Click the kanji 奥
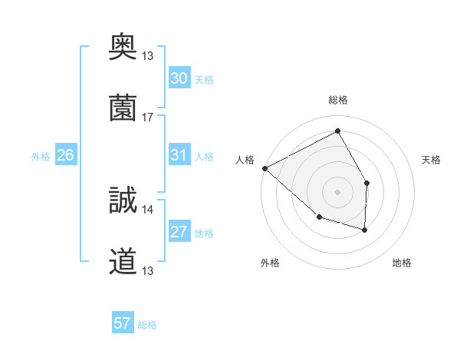[x=123, y=46]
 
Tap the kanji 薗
[x=123, y=108]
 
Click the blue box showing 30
[x=179, y=78]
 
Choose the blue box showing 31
[x=179, y=155]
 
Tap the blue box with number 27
[x=179, y=232]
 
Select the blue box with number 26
[x=65, y=155]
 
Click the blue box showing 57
[x=123, y=323]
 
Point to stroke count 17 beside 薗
[x=148, y=118]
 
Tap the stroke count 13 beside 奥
[x=148, y=55]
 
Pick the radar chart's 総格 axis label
[x=338, y=100]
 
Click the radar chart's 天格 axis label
[x=431, y=160]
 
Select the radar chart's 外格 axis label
[x=270, y=263]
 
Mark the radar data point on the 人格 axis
[x=264, y=168]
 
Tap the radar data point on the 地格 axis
[x=365, y=230]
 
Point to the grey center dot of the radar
[x=338, y=191]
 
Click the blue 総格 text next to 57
[x=147, y=324]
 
